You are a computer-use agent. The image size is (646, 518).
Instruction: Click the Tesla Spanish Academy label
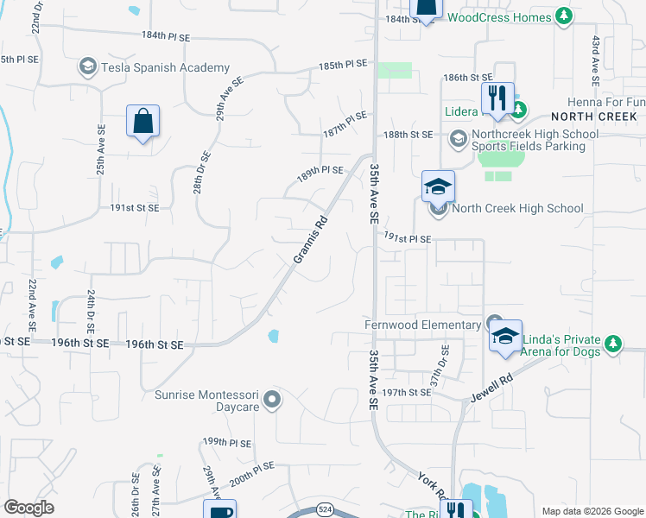[165, 67]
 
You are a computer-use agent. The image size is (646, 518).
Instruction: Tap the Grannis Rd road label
[310, 241]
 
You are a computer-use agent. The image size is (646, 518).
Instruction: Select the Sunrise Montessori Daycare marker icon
[273, 399]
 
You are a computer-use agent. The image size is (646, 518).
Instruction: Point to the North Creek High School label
[517, 208]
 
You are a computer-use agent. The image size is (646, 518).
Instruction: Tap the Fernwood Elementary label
[422, 325]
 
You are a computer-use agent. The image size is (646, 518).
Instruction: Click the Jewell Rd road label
[492, 387]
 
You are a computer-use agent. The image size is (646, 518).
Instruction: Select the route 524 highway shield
[325, 512]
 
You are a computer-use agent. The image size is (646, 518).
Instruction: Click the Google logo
[28, 507]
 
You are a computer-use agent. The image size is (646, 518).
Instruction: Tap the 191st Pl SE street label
[406, 237]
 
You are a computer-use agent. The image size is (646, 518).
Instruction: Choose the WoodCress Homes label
[500, 17]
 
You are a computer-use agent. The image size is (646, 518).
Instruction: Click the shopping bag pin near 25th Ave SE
[142, 122]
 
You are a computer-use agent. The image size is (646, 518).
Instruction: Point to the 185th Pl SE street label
[343, 65]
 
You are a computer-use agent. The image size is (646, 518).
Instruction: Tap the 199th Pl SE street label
[227, 443]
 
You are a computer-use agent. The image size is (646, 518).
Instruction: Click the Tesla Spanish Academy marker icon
[87, 66]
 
